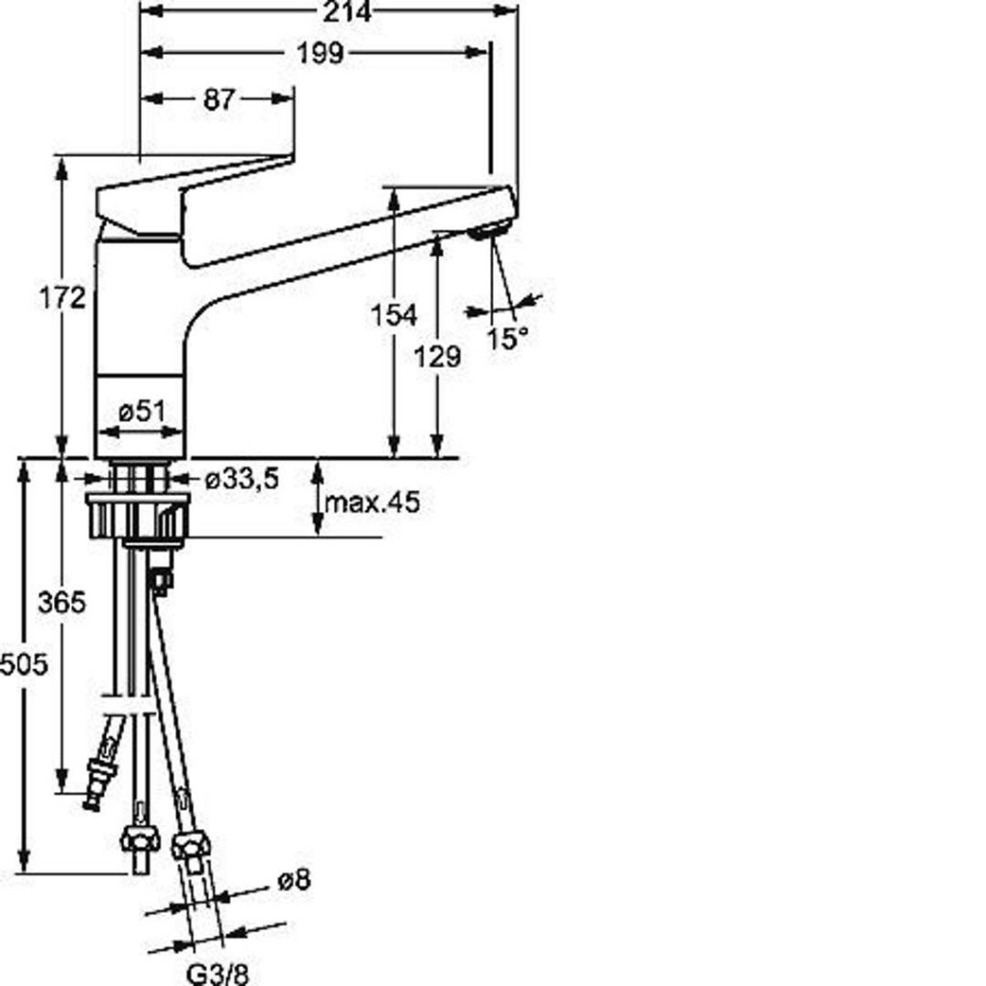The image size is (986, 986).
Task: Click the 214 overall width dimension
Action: (347, 12)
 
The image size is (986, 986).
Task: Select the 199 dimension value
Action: (321, 54)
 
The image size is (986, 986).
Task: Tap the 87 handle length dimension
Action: (220, 99)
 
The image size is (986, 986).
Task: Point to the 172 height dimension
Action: (62, 298)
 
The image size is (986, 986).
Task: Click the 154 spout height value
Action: (394, 315)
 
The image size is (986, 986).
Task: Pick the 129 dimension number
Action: (438, 357)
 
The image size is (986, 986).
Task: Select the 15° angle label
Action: (506, 339)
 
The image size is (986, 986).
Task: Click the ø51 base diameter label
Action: (143, 411)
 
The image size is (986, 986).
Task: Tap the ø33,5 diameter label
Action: (242, 480)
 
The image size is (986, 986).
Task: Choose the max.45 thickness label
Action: (372, 502)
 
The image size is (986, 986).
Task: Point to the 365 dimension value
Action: (62, 603)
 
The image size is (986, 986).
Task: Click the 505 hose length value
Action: (23, 664)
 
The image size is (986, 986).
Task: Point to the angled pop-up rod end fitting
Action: (102, 777)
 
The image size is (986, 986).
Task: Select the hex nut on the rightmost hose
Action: (190, 844)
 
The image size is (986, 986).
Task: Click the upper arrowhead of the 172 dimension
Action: (62, 166)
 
